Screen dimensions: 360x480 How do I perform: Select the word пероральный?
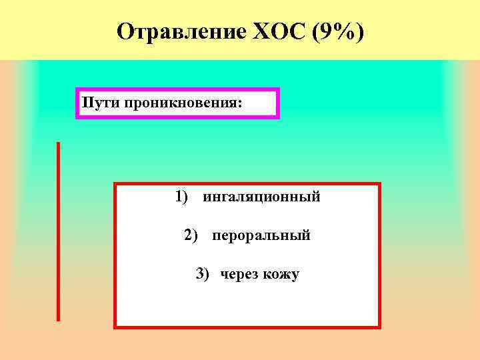click(261, 235)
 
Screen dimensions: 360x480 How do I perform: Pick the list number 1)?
click(183, 197)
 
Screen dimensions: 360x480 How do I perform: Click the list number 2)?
click(191, 235)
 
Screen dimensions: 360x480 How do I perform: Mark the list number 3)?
click(203, 273)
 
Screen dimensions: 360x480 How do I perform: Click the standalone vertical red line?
click(58, 231)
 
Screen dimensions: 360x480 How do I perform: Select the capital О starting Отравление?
click(124, 31)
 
